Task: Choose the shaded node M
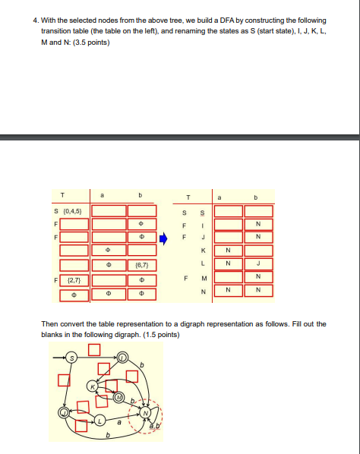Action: (118, 397)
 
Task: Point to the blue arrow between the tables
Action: (169, 237)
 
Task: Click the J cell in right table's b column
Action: (258, 265)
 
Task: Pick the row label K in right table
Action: (203, 251)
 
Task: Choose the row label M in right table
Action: (203, 279)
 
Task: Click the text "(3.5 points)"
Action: (91, 41)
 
